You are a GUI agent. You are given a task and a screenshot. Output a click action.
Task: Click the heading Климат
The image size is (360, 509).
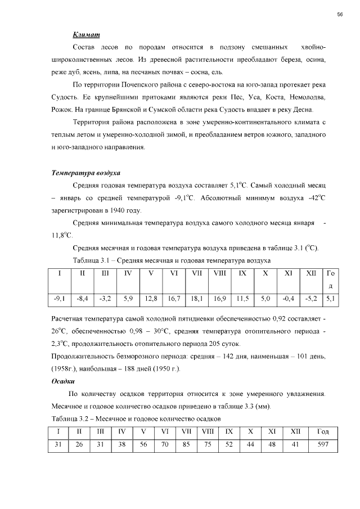(x=86, y=35)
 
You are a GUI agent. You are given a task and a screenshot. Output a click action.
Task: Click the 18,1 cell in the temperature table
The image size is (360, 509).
(x=197, y=299)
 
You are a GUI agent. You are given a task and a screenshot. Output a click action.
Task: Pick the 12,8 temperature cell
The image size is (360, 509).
(x=151, y=299)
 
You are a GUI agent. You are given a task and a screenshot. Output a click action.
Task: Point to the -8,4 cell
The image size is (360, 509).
(x=82, y=299)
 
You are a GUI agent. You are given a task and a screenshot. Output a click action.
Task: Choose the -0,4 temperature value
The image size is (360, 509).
(x=288, y=299)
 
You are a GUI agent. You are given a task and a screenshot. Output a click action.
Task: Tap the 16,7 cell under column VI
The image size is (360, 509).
(x=174, y=299)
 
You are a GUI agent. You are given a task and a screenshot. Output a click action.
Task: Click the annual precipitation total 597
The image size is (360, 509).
(x=323, y=444)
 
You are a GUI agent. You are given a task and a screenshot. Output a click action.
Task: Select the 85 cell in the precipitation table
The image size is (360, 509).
(x=186, y=444)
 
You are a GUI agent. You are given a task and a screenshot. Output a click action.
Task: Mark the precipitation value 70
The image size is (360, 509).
(x=165, y=444)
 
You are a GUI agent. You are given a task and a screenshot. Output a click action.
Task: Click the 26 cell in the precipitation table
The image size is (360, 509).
(x=79, y=444)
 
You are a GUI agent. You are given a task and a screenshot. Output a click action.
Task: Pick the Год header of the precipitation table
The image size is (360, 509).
(x=323, y=431)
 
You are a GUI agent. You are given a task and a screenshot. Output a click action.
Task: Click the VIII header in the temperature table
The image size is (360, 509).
(x=220, y=273)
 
